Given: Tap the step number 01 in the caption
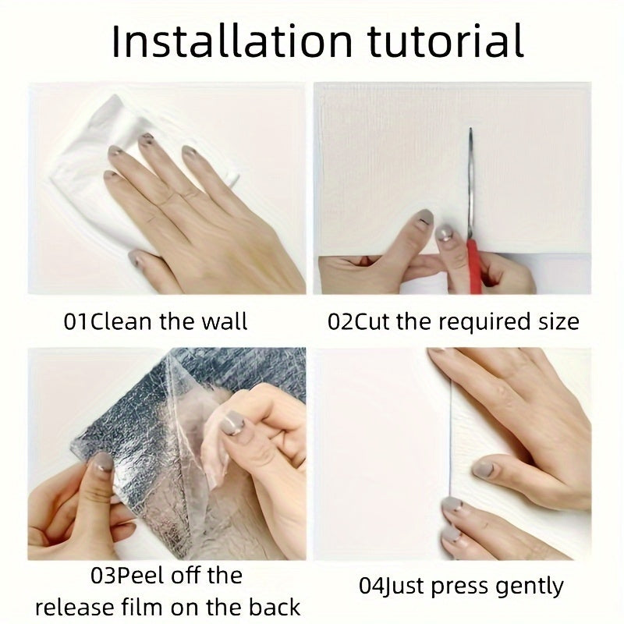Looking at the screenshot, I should (76, 321).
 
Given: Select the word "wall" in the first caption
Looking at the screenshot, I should (223, 321).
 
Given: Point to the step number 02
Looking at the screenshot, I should (341, 321).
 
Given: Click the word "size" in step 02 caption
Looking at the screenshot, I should (557, 321).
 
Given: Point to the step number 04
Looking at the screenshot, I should (370, 586).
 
